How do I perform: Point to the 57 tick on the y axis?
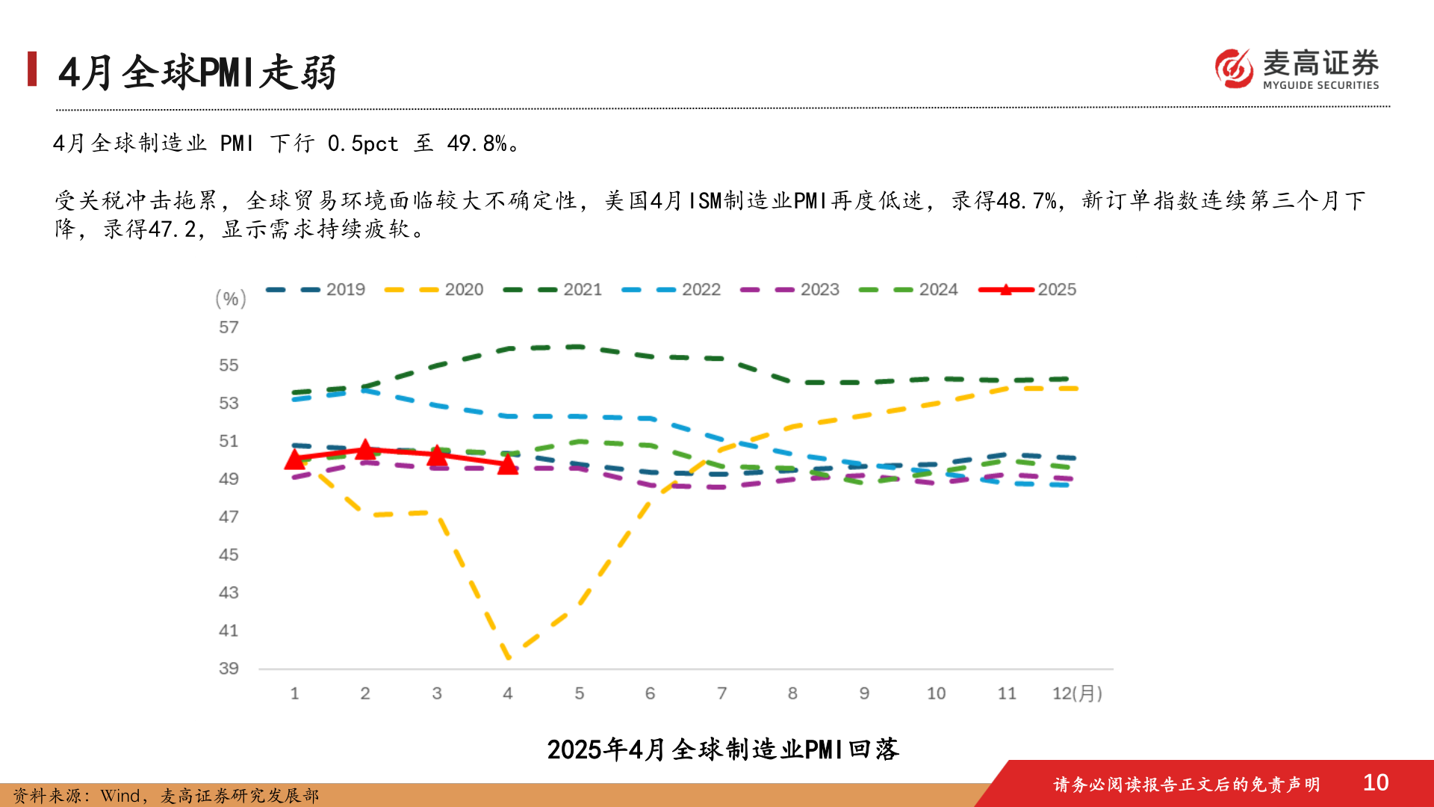[229, 327]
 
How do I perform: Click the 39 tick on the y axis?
[229, 669]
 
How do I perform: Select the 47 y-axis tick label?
[229, 517]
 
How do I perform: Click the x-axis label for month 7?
[721, 693]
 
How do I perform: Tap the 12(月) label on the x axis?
[1076, 693]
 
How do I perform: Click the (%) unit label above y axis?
[231, 299]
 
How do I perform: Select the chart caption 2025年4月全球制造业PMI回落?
[722, 749]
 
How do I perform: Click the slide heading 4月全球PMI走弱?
[198, 72]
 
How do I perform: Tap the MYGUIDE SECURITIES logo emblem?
[1234, 69]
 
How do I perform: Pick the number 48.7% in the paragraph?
[1026, 201]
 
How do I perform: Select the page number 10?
[1375, 782]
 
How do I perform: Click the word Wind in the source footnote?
[120, 796]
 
